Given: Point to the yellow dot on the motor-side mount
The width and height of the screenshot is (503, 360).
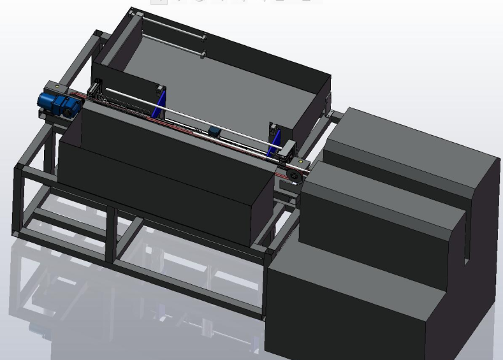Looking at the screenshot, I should coord(57,85).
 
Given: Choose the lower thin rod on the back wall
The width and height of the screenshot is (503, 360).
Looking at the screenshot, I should coord(172,44).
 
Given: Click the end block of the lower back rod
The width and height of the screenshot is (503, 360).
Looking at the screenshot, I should coord(203,55).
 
